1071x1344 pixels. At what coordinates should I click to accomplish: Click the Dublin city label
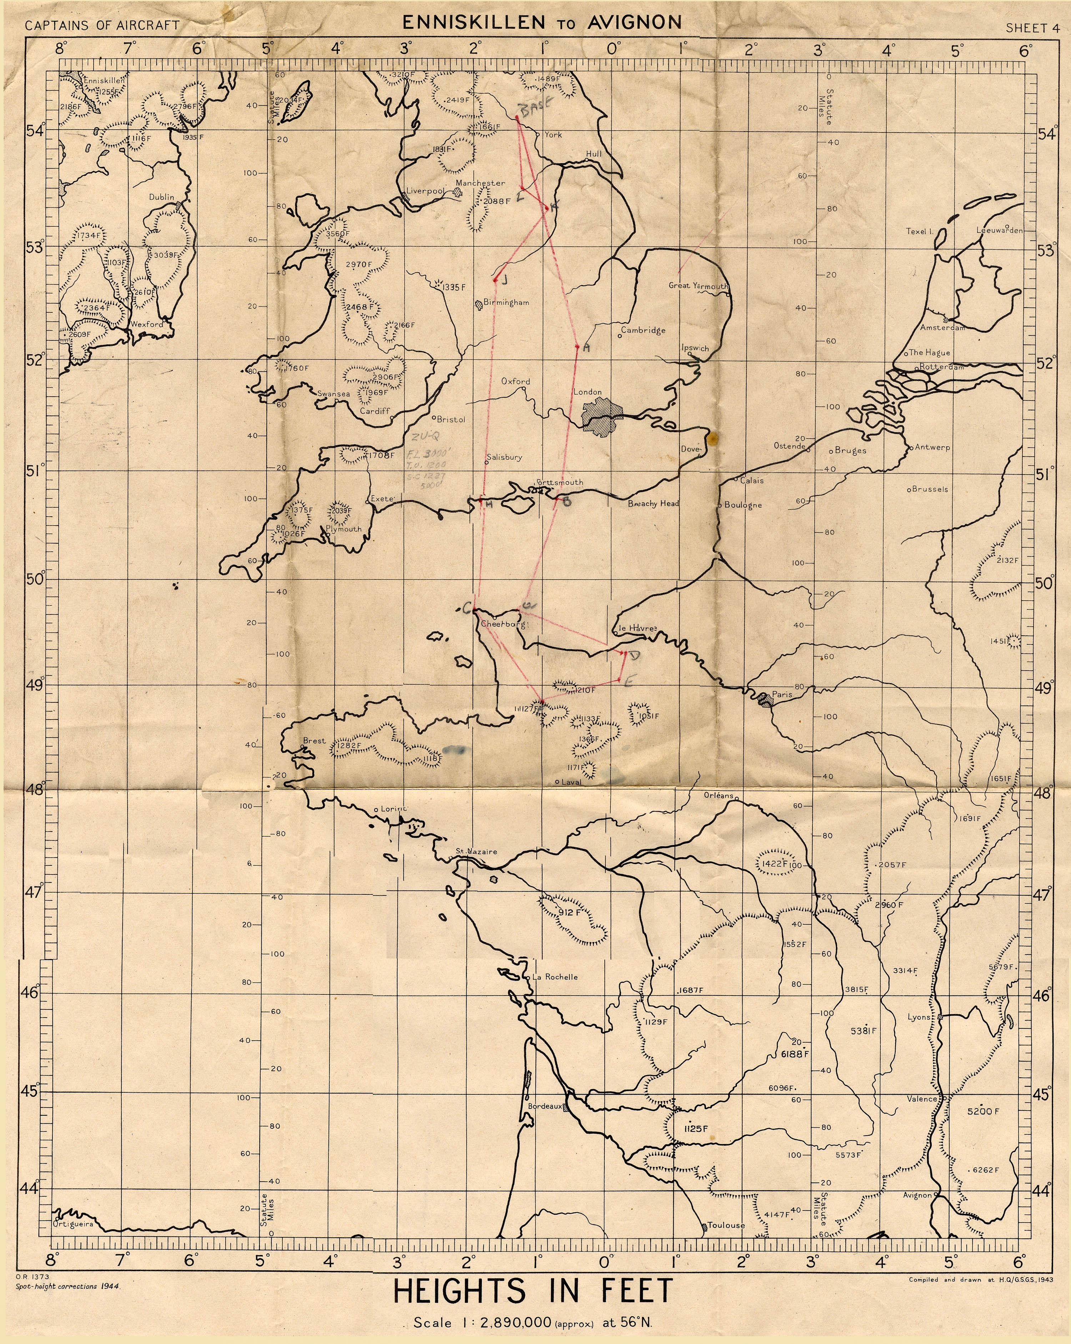(161, 197)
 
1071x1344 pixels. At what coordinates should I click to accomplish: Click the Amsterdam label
(943, 327)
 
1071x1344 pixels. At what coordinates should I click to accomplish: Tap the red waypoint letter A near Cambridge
(585, 349)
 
